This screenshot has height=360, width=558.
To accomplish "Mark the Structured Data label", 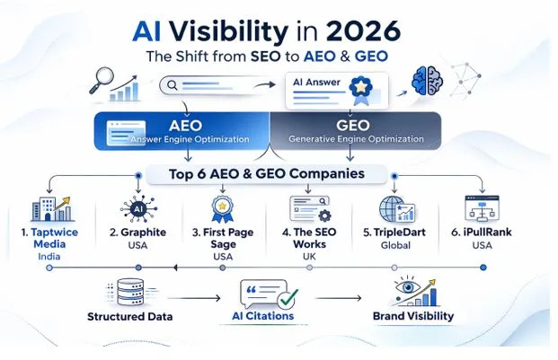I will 130,317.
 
